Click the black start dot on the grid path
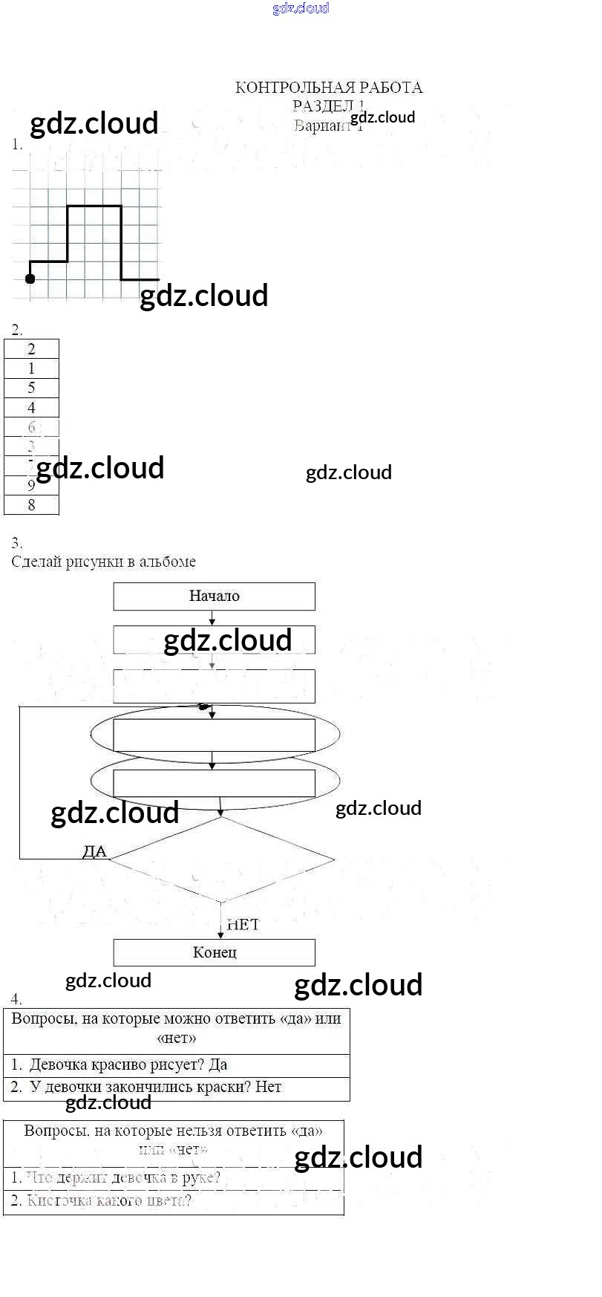point(30,279)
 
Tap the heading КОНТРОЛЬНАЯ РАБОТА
point(329,88)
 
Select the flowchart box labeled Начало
point(214,596)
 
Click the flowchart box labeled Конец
point(214,952)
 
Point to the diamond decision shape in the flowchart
point(221,860)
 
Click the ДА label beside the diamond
point(94,852)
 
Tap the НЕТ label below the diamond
point(243,924)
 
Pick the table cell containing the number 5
point(31,388)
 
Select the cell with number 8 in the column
point(31,505)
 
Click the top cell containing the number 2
point(31,349)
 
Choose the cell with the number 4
point(31,408)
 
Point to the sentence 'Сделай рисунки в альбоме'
point(104,562)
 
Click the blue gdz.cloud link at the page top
point(301,9)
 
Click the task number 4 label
point(16,999)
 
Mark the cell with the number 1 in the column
point(31,368)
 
